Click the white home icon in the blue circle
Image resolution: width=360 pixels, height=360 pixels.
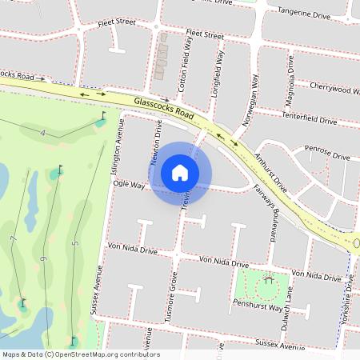coord(180,172)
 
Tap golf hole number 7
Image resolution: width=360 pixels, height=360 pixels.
coord(13,240)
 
